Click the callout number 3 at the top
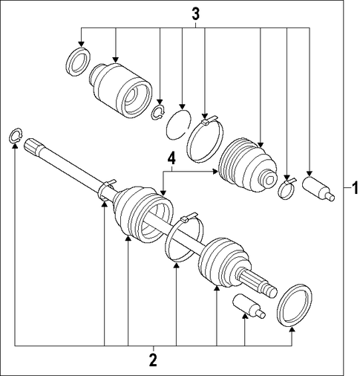coord(195,15)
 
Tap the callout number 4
coord(171,159)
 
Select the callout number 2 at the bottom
coord(153,360)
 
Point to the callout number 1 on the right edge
coord(355,188)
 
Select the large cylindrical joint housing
coord(120,90)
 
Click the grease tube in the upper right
coord(318,189)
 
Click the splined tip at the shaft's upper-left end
coord(31,146)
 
